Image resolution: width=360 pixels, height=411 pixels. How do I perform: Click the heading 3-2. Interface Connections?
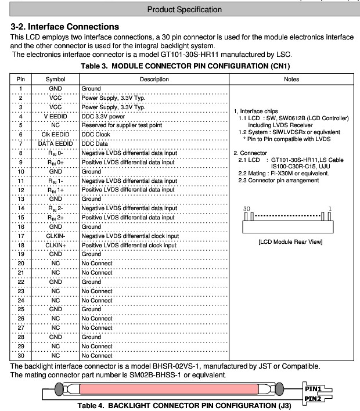[x=64, y=27]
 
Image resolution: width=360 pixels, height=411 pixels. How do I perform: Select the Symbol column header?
[x=56, y=79]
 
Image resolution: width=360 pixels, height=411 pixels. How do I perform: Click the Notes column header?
[x=292, y=79]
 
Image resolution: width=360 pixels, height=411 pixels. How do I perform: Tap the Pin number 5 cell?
[x=21, y=125]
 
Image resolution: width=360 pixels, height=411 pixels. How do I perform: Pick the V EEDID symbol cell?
[x=56, y=116]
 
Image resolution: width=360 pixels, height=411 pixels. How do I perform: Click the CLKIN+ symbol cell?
[x=56, y=245]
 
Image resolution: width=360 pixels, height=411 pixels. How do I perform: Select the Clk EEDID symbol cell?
[x=56, y=135]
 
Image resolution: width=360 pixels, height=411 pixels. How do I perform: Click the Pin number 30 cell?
[x=21, y=355]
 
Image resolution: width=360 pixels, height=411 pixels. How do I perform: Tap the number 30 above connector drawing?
[x=247, y=208]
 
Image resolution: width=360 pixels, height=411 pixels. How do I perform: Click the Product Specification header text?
[x=185, y=9]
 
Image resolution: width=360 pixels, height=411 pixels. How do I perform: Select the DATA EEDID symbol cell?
[x=56, y=143]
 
